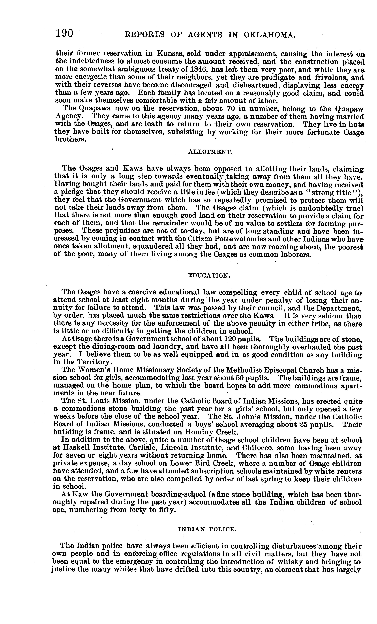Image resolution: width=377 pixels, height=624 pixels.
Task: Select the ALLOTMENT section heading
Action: (210, 152)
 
